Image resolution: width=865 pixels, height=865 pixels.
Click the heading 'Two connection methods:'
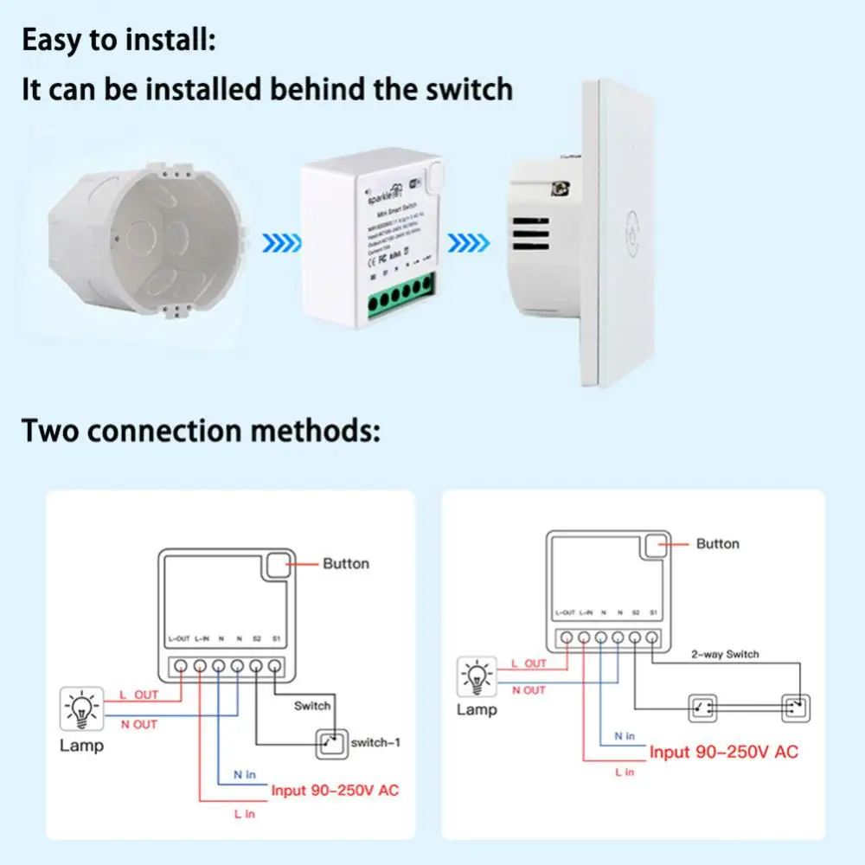tap(201, 430)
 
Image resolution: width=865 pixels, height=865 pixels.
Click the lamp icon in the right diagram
tap(477, 677)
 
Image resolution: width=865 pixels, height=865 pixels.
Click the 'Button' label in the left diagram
tap(345, 564)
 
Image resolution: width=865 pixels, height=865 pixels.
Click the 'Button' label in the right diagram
tap(717, 544)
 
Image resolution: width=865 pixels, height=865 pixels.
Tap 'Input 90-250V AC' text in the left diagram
tap(335, 790)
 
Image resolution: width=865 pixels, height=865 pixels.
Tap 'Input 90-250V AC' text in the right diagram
tap(723, 752)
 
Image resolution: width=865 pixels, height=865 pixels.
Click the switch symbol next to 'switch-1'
tap(329, 742)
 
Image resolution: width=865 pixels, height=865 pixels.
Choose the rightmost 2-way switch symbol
tap(793, 708)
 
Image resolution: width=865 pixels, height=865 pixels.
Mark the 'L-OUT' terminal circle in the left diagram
tap(182, 667)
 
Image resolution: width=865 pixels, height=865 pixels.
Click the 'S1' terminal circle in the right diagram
tap(651, 638)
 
